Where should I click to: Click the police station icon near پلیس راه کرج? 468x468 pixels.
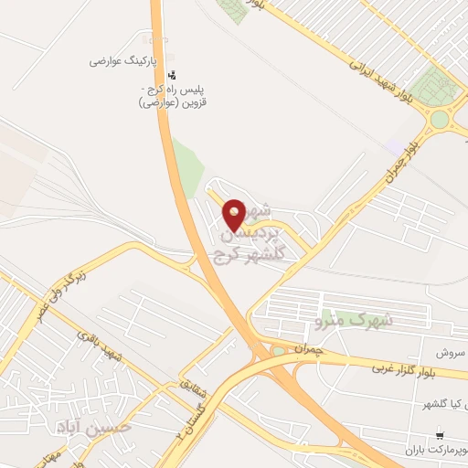[174, 75]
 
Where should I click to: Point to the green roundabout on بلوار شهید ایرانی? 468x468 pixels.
[441, 117]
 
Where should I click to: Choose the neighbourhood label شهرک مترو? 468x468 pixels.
[353, 321]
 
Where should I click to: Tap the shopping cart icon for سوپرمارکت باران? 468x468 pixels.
[442, 435]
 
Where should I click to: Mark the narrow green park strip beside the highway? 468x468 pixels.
[189, 169]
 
